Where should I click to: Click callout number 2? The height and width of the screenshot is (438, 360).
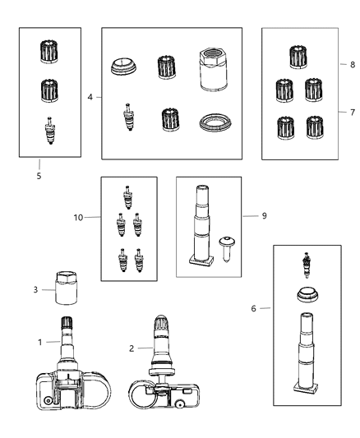[132, 348]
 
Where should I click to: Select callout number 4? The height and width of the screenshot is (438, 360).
[89, 97]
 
